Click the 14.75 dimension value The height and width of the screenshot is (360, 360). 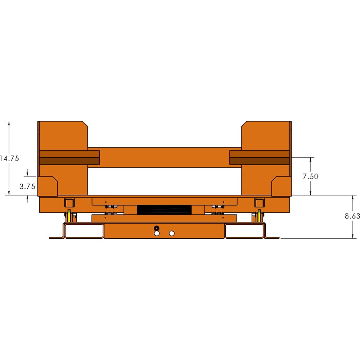(x=10, y=158)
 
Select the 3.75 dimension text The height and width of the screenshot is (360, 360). (x=27, y=186)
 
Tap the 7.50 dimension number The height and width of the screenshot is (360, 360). (x=310, y=176)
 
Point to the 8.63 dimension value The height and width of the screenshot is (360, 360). (x=352, y=216)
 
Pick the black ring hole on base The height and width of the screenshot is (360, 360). (x=156, y=228)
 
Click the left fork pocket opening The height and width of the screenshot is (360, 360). (x=84, y=231)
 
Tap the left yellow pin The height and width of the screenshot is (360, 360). (x=69, y=216)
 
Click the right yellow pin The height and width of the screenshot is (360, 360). (x=259, y=216)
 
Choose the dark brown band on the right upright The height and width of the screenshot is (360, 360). (x=260, y=158)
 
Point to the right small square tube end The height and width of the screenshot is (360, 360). (x=259, y=202)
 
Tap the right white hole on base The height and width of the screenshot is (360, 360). (x=172, y=234)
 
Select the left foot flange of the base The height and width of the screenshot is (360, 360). (x=56, y=237)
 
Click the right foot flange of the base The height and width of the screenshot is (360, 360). (x=273, y=237)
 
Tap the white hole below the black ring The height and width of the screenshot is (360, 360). (x=156, y=234)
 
